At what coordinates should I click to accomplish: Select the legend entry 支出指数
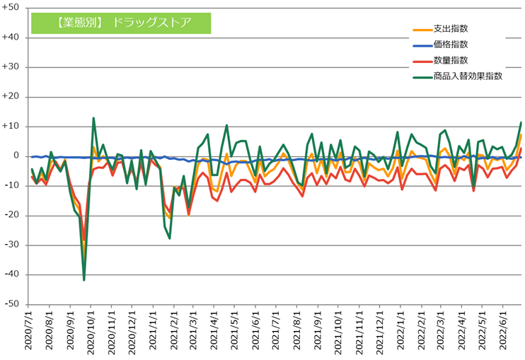[x=450, y=30]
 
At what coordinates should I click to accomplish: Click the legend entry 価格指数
[x=450, y=45]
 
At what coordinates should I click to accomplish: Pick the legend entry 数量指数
[x=450, y=61]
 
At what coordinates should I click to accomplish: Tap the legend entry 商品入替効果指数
[x=468, y=76]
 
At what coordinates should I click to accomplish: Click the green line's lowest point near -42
[x=84, y=280]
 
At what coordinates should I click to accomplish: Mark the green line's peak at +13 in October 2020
[x=93, y=118]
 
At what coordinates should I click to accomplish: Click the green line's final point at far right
[x=521, y=122]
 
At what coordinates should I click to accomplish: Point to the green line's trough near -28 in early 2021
[x=170, y=238]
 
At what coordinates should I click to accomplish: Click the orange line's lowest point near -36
[x=84, y=262]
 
